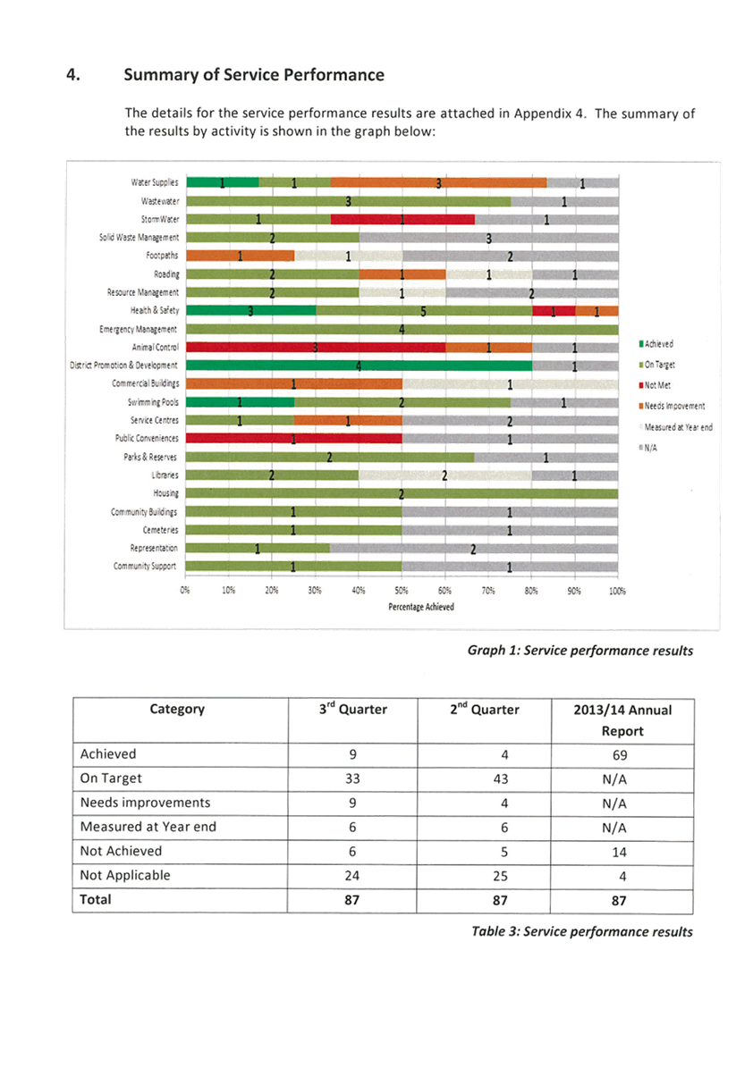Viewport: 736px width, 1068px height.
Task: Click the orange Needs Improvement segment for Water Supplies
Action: [x=438, y=182]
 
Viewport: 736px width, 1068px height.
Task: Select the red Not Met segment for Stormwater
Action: [x=402, y=219]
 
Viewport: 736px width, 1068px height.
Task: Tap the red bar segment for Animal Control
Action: [x=316, y=347]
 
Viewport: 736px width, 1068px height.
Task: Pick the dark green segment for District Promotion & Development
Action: [x=358, y=366]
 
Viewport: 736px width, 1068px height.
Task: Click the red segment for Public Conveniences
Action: [x=293, y=439]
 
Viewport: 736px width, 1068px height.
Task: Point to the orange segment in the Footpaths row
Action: [x=240, y=256]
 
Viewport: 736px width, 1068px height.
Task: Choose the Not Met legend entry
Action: [x=657, y=384]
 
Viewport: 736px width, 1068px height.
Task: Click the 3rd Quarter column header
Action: [x=352, y=710]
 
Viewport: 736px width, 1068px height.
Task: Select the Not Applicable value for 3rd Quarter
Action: [x=352, y=876]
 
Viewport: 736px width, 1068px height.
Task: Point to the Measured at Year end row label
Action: [x=148, y=827]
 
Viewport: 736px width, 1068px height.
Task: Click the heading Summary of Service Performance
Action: [x=255, y=75]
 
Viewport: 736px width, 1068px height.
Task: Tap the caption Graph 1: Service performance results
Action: [x=580, y=650]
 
